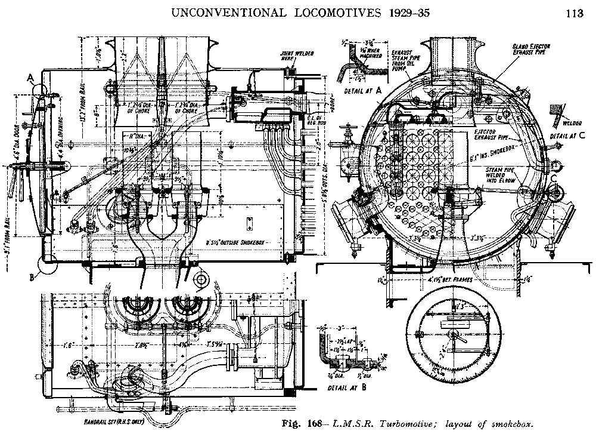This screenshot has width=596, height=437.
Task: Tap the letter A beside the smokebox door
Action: [29, 76]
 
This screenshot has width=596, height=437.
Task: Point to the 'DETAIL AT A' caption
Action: [364, 89]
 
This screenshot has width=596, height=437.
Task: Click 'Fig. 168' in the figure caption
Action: [306, 425]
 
